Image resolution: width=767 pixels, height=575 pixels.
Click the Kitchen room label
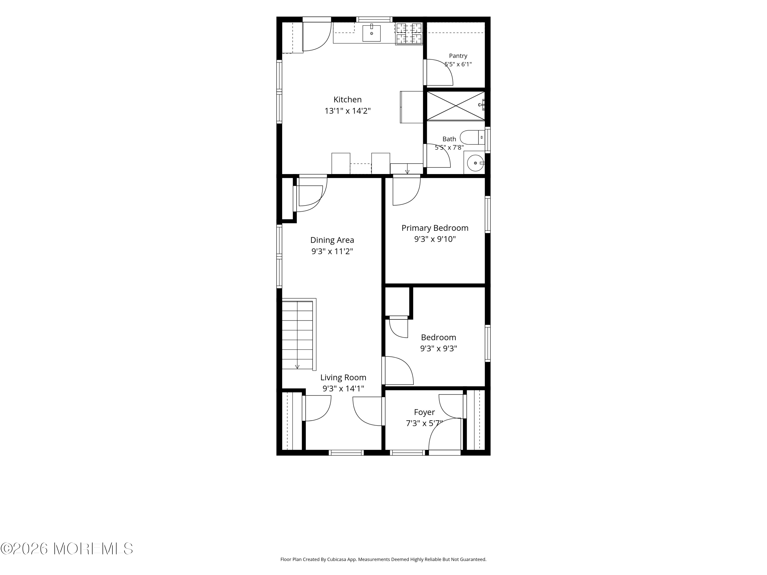coord(347,99)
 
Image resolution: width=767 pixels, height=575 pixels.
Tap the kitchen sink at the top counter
coord(371,33)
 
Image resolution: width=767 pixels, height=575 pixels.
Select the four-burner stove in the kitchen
coord(409,34)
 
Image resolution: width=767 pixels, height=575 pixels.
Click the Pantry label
coord(458,56)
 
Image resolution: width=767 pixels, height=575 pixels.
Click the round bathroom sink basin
coord(475,163)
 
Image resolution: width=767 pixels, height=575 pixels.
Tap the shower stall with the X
coord(456,106)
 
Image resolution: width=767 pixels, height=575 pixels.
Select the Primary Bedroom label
coord(435,228)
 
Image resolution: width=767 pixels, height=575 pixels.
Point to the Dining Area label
coord(332,240)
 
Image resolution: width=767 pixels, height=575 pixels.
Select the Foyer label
coord(424,412)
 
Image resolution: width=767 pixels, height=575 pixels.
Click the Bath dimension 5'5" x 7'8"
coord(449,147)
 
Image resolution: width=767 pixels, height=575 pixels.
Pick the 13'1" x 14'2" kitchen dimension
coord(347,111)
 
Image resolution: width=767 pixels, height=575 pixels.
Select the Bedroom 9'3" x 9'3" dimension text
coord(439,348)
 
